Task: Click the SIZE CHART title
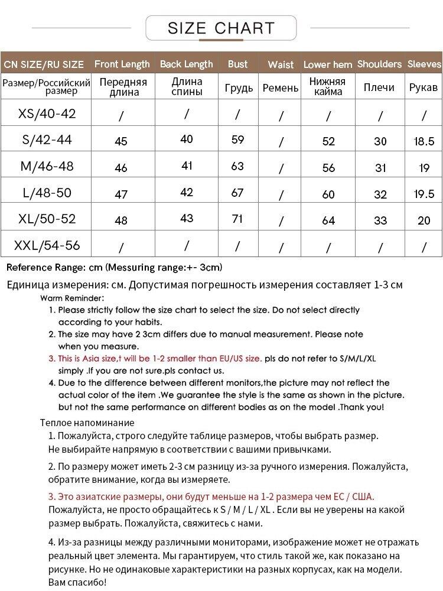[221, 28]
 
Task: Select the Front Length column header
[122, 64]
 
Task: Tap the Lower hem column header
[328, 64]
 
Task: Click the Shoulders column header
[379, 64]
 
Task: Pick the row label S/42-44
[47, 139]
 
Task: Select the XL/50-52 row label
[47, 219]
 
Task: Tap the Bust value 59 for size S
[237, 140]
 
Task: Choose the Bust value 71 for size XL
[237, 219]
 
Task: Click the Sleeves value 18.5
[424, 141]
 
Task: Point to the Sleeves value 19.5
[424, 194]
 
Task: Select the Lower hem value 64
[328, 220]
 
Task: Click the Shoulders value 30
[380, 141]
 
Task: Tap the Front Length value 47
[121, 194]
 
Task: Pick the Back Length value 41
[187, 166]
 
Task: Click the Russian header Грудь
[239, 88]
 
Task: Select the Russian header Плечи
[379, 87]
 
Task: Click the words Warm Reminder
[72, 298]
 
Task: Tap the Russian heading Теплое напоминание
[87, 423]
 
